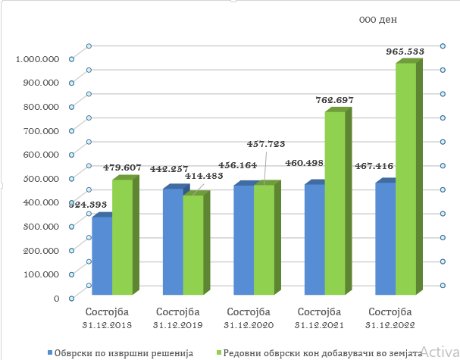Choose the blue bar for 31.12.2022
point(384,238)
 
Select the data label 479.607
point(121,167)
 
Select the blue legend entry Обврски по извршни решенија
point(122,352)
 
